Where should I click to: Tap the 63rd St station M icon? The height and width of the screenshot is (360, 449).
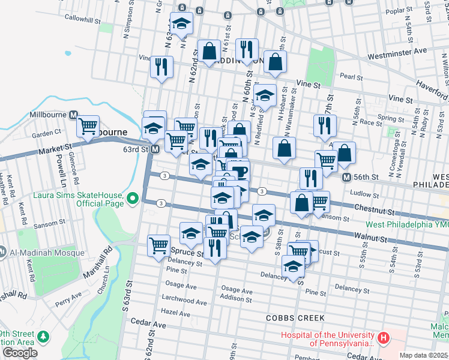tap(155, 149)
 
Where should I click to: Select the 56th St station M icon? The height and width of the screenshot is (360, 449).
tap(346, 178)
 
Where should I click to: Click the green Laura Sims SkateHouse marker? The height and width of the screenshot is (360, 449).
tap(134, 196)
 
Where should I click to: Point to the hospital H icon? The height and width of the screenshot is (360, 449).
tap(384, 339)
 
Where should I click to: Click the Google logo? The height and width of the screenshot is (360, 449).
tap(20, 353)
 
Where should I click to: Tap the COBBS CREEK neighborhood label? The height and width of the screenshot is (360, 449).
tap(297, 317)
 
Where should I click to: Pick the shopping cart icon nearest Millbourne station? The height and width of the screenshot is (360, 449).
tap(88, 126)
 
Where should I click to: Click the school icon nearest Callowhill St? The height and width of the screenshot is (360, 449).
tap(181, 24)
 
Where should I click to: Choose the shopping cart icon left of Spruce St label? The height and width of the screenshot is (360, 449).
tap(158, 245)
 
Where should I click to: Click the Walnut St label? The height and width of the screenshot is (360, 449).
tap(369, 238)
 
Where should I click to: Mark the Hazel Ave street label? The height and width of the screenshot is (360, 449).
tap(175, 313)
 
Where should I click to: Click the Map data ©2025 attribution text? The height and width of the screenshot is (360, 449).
tap(423, 355)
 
